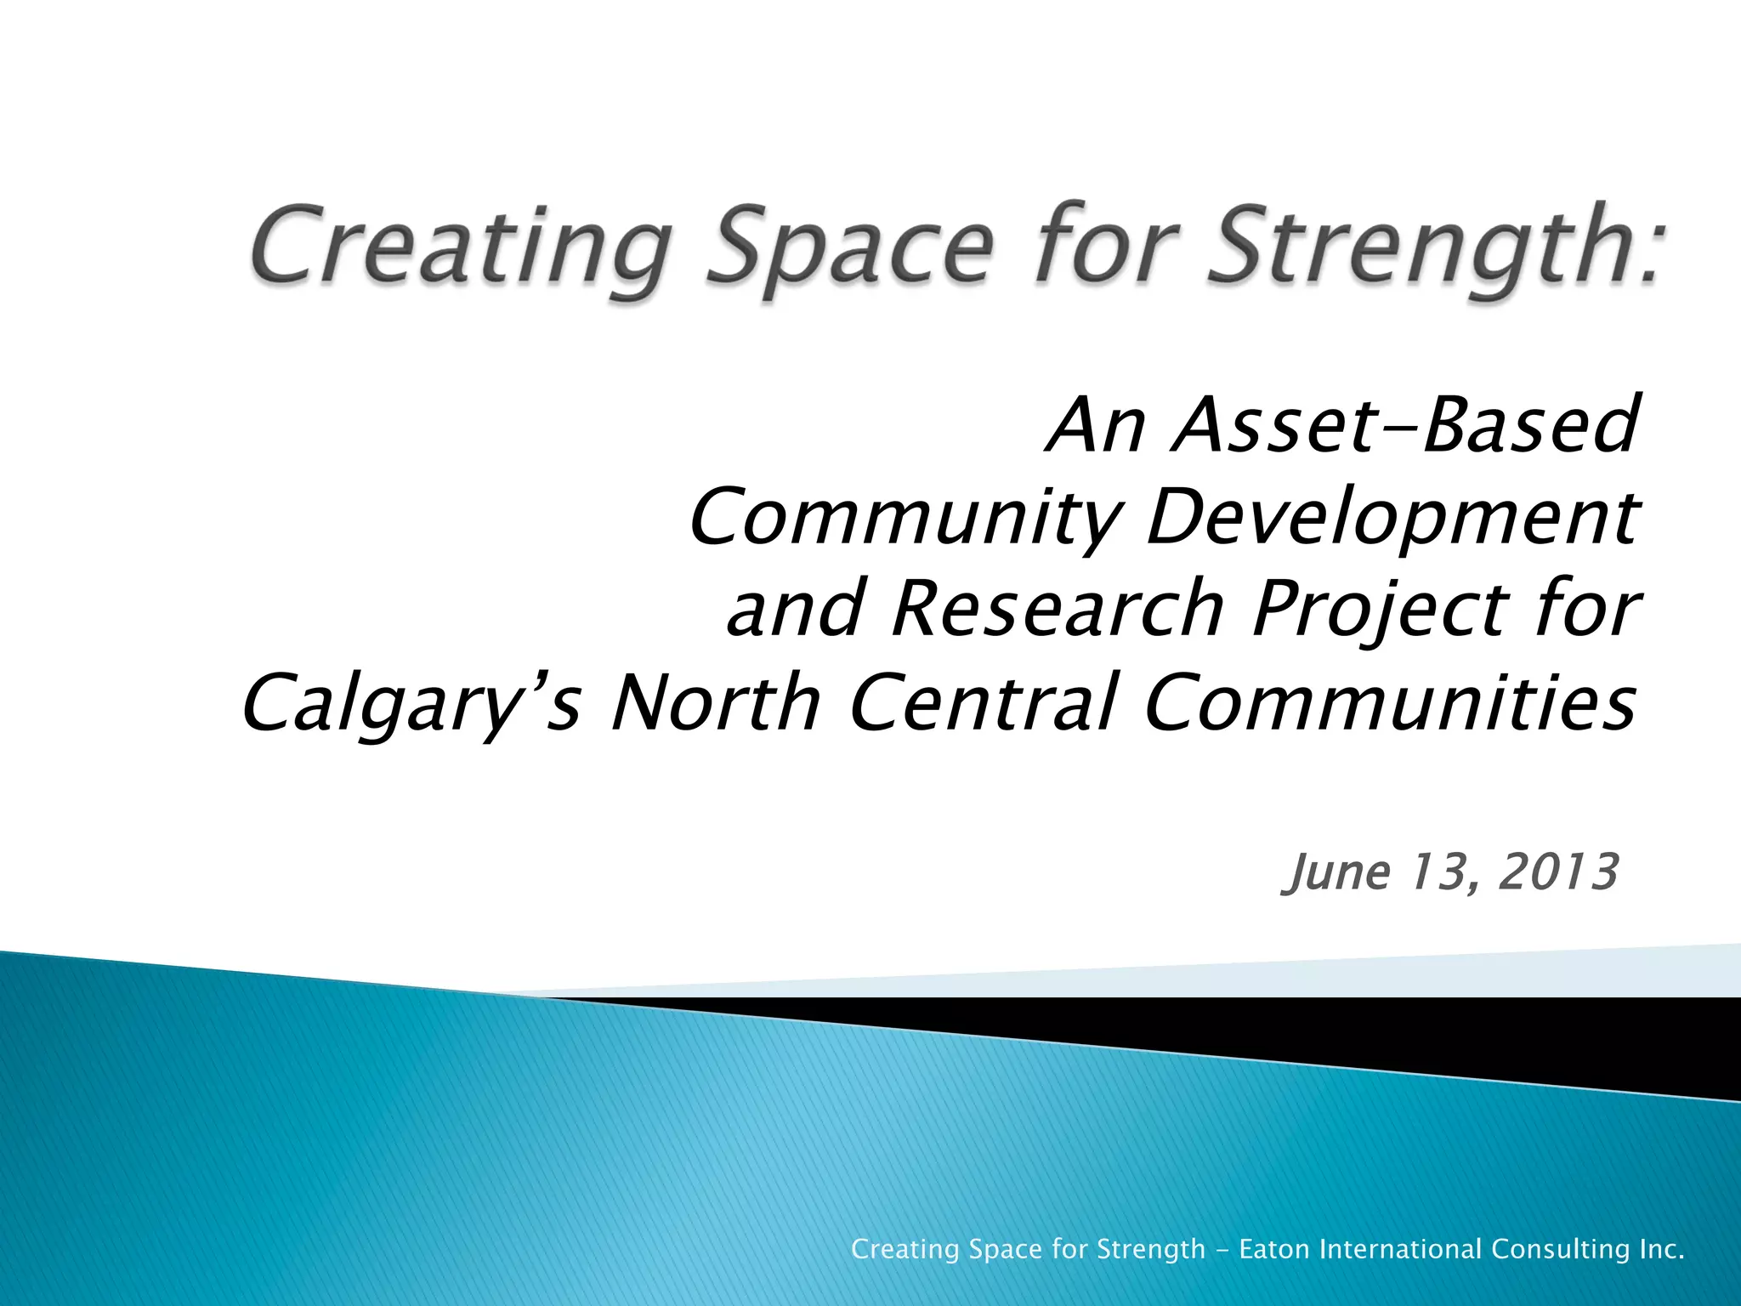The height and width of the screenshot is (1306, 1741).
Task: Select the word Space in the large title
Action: pyautogui.click(x=850, y=247)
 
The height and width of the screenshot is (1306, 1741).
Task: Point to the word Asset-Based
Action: pyautogui.click(x=1403, y=425)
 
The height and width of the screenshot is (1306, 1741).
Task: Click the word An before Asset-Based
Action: pyautogui.click(x=1097, y=425)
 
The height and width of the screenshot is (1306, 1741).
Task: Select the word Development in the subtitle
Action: pyautogui.click(x=1390, y=519)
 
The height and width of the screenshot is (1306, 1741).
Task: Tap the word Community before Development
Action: pyautogui.click(x=905, y=519)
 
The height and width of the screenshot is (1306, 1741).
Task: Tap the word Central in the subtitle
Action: pyautogui.click(x=982, y=701)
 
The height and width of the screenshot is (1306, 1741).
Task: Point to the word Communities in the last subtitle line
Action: pyautogui.click(x=1390, y=701)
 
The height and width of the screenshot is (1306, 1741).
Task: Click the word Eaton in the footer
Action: pyautogui.click(x=1273, y=1249)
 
